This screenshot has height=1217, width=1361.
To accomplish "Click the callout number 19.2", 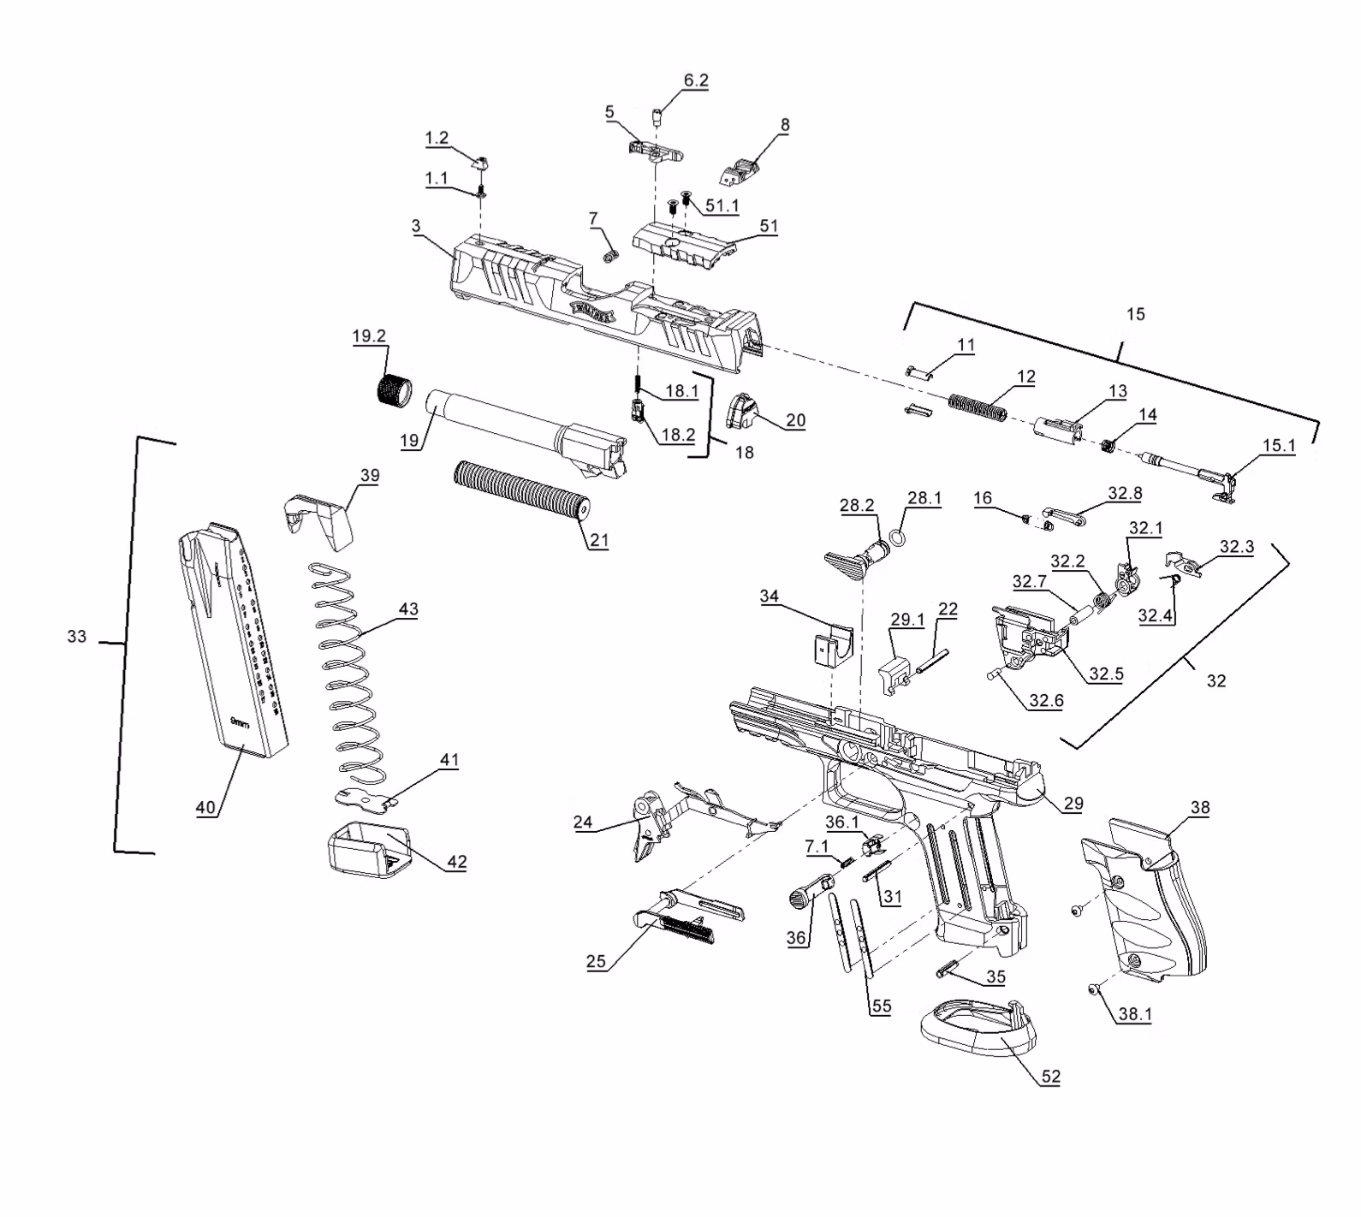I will coord(369,336).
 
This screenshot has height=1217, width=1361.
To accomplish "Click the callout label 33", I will coord(77,637).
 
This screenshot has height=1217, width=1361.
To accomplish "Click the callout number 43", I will coord(408,609).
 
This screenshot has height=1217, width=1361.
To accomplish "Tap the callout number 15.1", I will coord(1279,446).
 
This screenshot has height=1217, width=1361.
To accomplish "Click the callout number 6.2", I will coord(696,80).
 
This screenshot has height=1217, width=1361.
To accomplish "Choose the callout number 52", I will coord(1050,1077).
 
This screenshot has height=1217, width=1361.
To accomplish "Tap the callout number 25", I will coord(596,961).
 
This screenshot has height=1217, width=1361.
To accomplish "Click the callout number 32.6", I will coord(1046,700).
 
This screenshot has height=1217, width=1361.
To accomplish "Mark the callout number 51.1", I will coord(722,206).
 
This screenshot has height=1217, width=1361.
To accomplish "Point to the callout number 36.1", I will coord(842,822).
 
